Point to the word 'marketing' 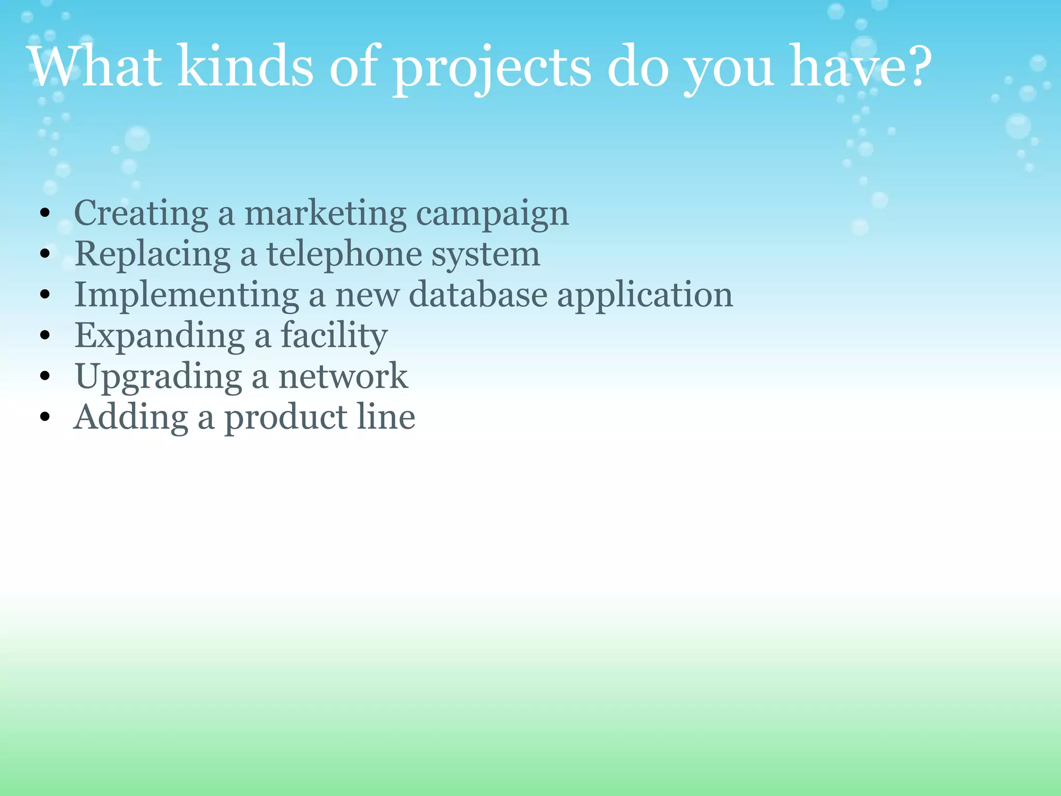click(325, 214)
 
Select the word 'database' click(478, 295)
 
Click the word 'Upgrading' click(159, 377)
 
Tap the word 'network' click(343, 377)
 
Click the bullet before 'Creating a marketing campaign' click(45, 214)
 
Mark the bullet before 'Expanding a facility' click(45, 336)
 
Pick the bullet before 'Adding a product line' click(45, 417)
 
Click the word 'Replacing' click(152, 255)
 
